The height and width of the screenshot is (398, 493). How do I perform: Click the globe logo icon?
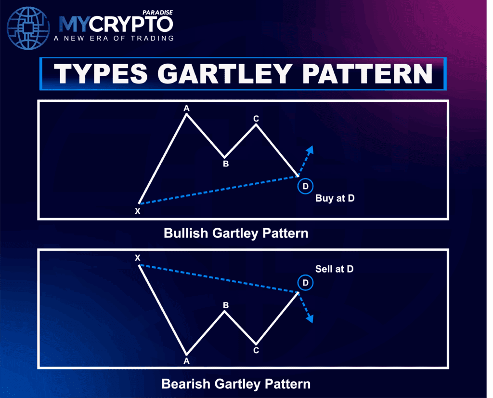tap(28, 28)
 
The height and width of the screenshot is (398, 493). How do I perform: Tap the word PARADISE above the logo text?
tap(157, 13)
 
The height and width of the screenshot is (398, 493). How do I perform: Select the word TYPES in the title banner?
tap(100, 74)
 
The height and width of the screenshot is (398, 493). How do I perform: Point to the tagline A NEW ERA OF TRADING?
tap(114, 39)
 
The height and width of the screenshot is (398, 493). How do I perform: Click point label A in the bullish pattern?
tap(186, 109)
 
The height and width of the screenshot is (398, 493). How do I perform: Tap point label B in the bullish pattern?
tap(226, 164)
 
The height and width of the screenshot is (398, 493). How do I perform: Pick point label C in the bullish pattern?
tap(256, 119)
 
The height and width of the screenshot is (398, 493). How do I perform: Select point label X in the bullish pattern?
tap(137, 211)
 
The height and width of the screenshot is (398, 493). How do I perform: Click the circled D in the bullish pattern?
tap(305, 186)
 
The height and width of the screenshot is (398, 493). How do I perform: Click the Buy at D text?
tap(335, 198)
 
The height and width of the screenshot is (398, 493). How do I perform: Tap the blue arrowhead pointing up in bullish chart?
tap(310, 150)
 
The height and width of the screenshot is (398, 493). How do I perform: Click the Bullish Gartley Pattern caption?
tap(236, 233)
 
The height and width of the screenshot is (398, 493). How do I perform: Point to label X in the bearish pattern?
tap(137, 258)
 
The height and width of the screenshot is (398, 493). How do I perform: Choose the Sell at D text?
tap(335, 269)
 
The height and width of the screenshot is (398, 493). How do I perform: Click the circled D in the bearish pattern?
tap(305, 283)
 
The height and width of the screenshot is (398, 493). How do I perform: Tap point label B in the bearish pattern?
tap(226, 305)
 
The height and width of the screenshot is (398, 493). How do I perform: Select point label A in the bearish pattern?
tap(186, 361)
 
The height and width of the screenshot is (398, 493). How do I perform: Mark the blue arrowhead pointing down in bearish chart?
tap(310, 318)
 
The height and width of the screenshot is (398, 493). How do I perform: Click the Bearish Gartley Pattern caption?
tap(236, 384)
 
